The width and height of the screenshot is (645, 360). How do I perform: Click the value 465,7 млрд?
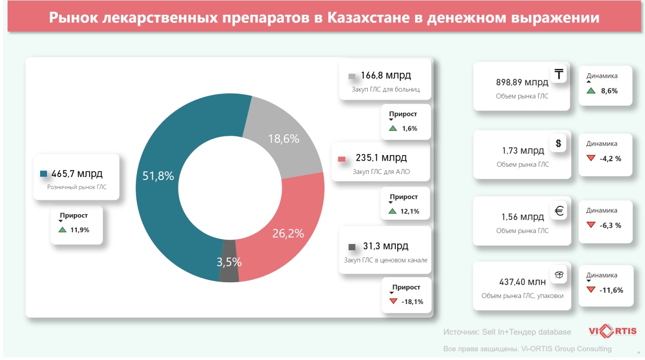click(77, 174)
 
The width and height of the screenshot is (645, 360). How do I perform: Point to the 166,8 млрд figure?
click(386, 76)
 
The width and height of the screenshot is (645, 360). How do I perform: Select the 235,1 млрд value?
click(382, 158)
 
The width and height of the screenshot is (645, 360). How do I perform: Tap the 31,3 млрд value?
click(385, 247)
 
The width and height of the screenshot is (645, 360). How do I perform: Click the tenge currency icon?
click(559, 74)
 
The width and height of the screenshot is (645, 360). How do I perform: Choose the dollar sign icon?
click(559, 143)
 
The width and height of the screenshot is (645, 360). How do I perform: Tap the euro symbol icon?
click(559, 210)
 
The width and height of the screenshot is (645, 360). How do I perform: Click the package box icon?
click(559, 275)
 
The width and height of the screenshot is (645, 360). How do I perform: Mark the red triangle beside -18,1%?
click(393, 301)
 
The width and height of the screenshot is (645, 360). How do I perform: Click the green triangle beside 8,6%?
click(591, 91)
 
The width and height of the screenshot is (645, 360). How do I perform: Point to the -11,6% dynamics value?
click(611, 290)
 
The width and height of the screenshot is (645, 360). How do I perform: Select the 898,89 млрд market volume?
click(522, 82)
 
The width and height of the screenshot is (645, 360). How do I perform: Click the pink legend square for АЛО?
click(342, 159)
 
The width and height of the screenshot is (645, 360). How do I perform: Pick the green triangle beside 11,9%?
click(63, 230)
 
